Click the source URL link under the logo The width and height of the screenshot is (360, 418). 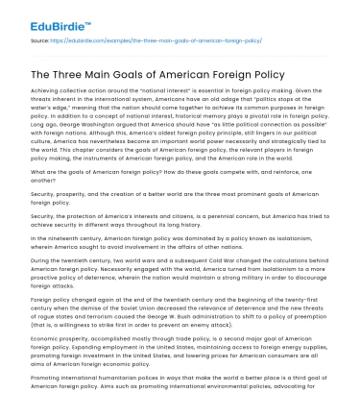coord(162,41)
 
